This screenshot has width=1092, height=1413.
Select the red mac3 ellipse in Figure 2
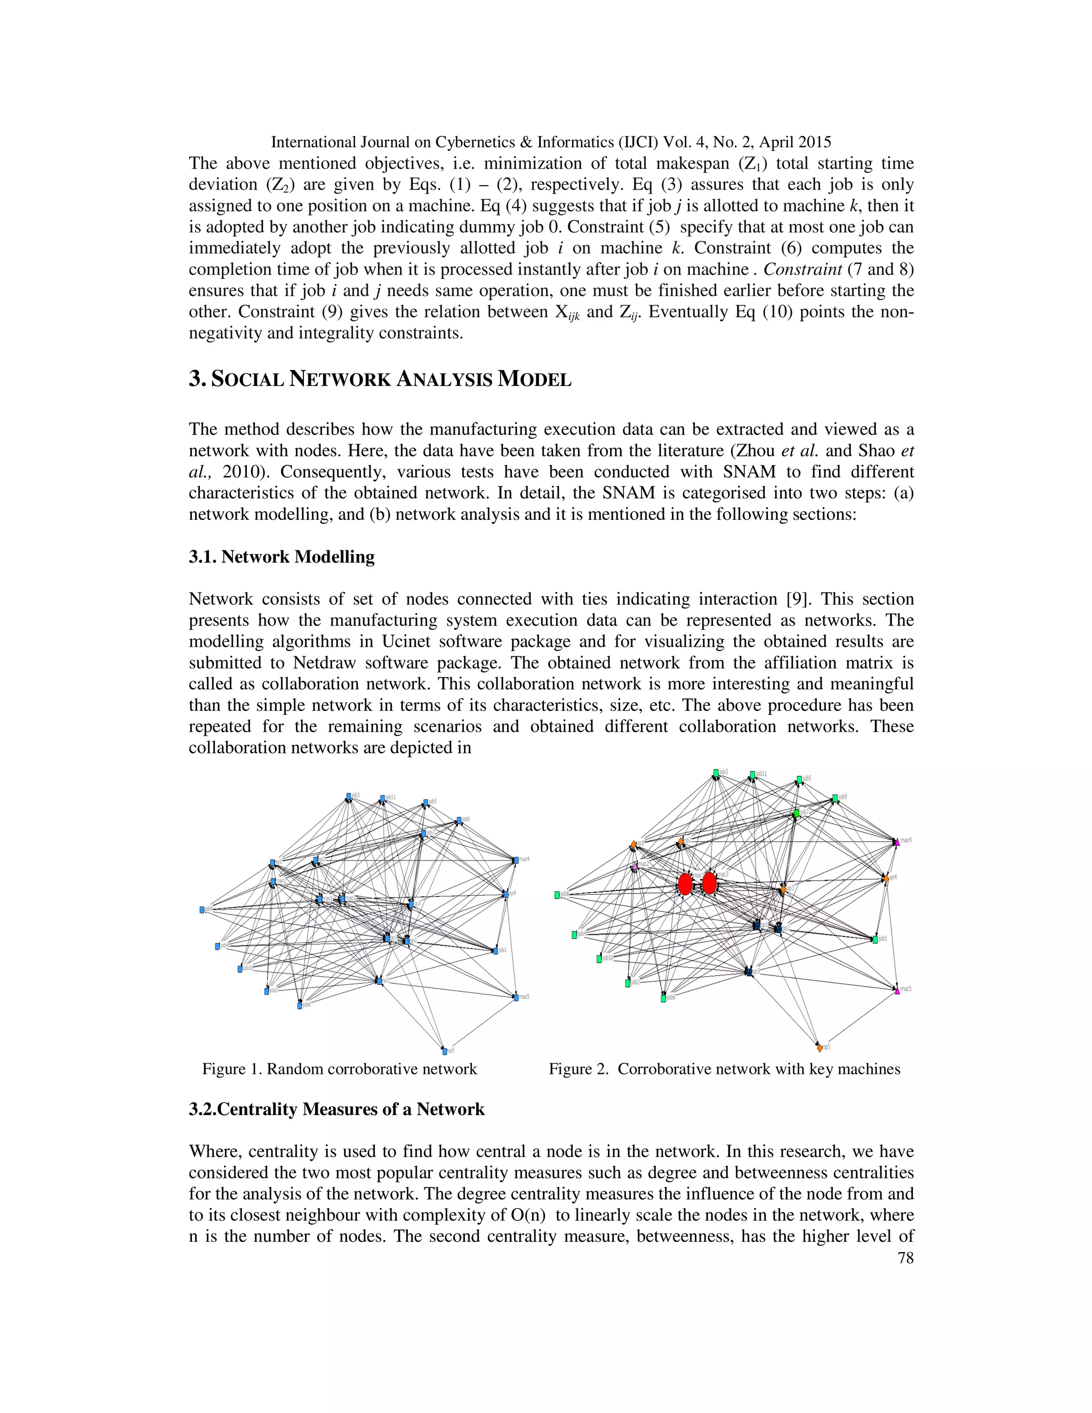coord(710,883)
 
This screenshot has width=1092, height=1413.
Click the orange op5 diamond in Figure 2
coord(820,1047)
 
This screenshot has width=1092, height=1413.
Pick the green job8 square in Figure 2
coord(557,895)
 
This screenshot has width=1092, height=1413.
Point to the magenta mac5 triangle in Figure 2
coord(897,990)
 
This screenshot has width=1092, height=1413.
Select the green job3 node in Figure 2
coord(716,773)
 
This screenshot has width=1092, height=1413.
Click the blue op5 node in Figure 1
coord(444,1051)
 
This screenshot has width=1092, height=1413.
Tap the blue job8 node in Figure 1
coord(202,910)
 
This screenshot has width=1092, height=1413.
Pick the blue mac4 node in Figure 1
coord(515,861)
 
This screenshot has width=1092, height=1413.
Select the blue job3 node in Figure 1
coord(348,796)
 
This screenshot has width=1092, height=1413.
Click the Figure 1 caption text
coord(339,1069)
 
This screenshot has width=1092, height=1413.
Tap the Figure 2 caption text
coord(724,1069)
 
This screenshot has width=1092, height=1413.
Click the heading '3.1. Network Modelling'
coord(282,557)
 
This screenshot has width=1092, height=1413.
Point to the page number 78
coord(906,1257)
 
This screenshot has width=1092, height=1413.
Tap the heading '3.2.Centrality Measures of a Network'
coord(336,1109)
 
